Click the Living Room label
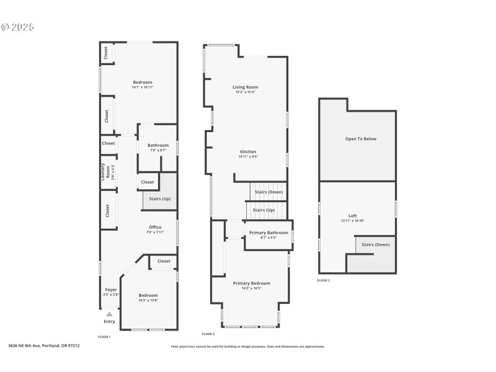[245, 87]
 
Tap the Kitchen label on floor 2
[247, 152]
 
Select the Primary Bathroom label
[268, 232]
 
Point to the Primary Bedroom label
[251, 283]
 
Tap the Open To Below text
[360, 139]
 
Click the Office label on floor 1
[155, 228]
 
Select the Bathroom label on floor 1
[157, 145]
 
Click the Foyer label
[110, 290]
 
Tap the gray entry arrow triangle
[109, 314]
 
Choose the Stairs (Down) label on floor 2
[268, 192]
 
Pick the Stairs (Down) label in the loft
[376, 245]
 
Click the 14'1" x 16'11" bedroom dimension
[142, 87]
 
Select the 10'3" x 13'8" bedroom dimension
[148, 300]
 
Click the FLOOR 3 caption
[324, 280]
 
